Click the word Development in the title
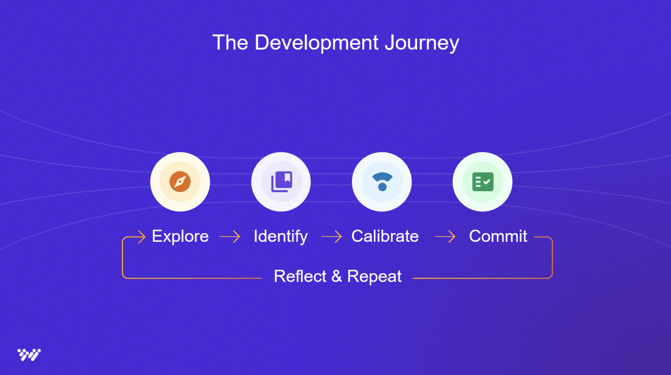316,43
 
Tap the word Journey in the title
422,43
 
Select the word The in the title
230,43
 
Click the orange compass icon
180,182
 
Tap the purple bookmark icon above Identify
281,182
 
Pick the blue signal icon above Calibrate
382,182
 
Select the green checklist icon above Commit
483,182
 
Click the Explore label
180,236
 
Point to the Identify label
280,236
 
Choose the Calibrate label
385,236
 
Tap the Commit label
498,236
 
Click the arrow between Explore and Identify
230,237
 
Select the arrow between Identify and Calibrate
332,237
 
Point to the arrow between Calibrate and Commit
445,237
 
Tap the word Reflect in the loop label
300,276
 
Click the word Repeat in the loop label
374,276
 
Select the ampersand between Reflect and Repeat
336,276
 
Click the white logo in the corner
29,354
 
